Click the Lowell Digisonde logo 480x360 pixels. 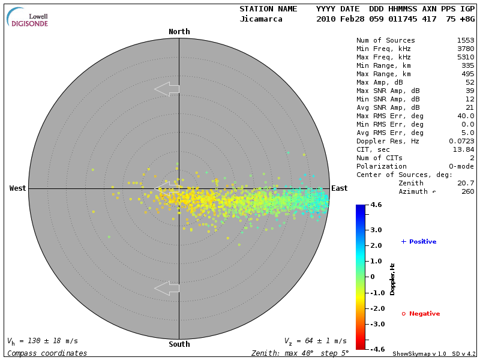(x=28, y=17)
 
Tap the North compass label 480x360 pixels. (x=179, y=32)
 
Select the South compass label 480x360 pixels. (x=179, y=344)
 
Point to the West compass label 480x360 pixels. (x=18, y=188)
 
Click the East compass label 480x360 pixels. (x=340, y=188)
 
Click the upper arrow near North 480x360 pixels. (x=167, y=89)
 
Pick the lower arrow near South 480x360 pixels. (x=167, y=288)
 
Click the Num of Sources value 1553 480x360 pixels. (x=466, y=40)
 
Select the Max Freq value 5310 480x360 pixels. (x=466, y=57)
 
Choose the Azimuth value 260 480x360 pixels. (x=468, y=191)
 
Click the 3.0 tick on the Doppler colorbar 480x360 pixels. (x=376, y=230)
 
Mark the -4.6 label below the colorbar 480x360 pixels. (x=376, y=349)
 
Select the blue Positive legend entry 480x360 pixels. (x=418, y=242)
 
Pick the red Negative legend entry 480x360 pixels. (x=421, y=314)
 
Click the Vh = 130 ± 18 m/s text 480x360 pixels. (x=42, y=341)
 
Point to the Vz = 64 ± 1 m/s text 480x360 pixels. (x=315, y=341)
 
